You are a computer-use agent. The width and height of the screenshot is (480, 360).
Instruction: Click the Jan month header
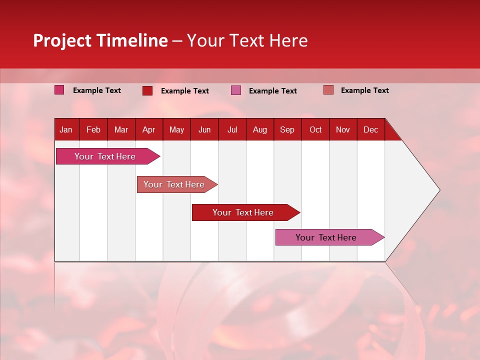tap(66, 130)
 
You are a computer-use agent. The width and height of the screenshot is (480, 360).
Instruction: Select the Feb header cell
tap(93, 130)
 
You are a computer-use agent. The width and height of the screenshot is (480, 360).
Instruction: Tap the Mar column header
tap(121, 130)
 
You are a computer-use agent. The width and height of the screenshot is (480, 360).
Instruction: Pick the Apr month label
tap(149, 130)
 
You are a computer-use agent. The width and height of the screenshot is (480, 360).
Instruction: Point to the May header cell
tap(176, 130)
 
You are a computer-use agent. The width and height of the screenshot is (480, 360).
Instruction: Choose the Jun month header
tap(204, 130)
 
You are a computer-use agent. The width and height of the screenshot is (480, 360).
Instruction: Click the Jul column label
tap(232, 130)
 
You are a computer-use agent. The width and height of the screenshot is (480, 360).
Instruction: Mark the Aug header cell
tap(260, 130)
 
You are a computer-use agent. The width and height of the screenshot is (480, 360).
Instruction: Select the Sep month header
tap(287, 130)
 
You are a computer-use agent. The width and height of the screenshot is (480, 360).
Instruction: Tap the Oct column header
tap(315, 130)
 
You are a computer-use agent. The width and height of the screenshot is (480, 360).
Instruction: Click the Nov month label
tap(343, 130)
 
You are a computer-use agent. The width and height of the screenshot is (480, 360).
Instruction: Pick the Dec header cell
tap(371, 130)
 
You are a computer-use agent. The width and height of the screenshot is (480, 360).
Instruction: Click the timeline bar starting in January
tap(105, 156)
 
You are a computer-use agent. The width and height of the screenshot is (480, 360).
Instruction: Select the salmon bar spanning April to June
tap(174, 184)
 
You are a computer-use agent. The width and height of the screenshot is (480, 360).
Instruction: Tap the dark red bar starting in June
tap(243, 212)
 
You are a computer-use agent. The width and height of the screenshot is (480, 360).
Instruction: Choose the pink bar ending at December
tap(326, 237)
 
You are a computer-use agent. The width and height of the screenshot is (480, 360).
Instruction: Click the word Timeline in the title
tap(132, 40)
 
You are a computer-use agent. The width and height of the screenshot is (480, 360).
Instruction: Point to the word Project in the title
tap(63, 40)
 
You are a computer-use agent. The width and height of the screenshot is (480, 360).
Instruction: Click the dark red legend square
tap(147, 90)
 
